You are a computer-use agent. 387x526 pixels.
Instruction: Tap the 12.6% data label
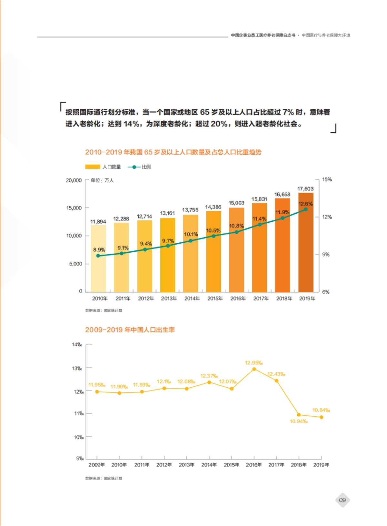[x=305, y=204]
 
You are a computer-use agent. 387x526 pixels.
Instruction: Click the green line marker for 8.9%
[x=98, y=256]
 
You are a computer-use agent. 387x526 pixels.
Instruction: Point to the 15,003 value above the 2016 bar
[x=236, y=203]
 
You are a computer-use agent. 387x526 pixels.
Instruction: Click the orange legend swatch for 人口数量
[x=93, y=167]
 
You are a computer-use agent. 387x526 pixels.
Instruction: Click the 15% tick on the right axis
[x=327, y=179]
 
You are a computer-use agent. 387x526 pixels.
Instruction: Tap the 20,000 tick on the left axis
[x=74, y=180]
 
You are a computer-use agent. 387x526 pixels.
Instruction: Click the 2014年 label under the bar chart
[x=192, y=298]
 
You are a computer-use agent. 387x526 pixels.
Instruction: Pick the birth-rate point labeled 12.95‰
[x=254, y=369]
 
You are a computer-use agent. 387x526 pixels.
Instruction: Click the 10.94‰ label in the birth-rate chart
[x=299, y=421]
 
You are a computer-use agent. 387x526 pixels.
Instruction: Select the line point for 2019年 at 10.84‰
[x=321, y=417]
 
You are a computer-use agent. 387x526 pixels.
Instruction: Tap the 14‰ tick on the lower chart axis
[x=77, y=345]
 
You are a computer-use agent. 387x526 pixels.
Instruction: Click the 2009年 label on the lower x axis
[x=96, y=465]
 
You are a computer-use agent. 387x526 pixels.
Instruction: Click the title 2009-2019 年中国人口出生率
[x=130, y=330]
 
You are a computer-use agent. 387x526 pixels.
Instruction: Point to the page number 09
[x=342, y=500]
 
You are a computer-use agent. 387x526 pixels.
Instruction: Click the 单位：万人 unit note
[x=102, y=180]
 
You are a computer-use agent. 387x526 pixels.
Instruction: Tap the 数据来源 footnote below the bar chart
[x=104, y=310]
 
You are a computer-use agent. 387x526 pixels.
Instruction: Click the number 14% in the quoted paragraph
[x=132, y=124]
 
